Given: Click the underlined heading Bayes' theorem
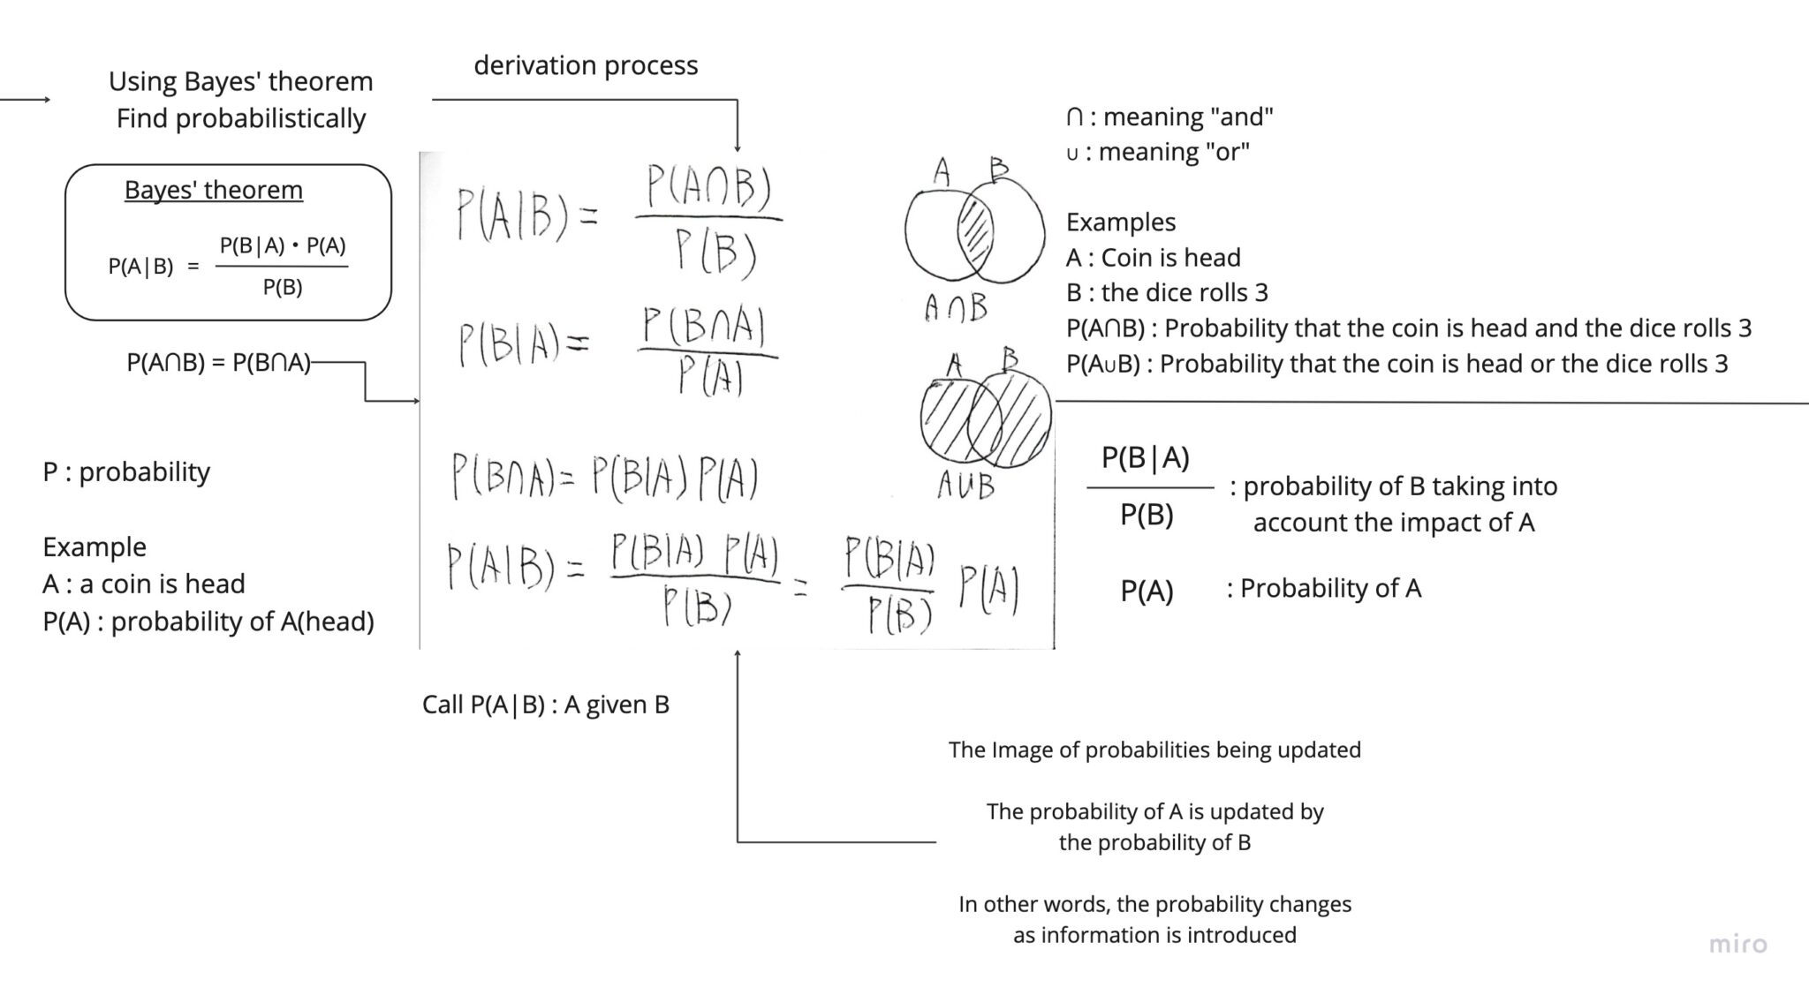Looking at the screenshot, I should pos(214,190).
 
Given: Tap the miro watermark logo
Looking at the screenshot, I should pos(1737,944).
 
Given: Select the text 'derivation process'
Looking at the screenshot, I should pos(586,65).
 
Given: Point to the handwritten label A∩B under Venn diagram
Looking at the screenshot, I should pos(956,308).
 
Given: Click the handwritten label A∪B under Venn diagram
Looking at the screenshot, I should pos(965,485).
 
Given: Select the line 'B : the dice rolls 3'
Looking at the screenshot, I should pos(1167,292).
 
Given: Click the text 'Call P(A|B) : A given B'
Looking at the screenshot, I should pos(546,705).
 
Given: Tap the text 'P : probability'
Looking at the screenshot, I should pos(126,471).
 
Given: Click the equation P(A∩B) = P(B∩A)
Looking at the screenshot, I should pos(219,362).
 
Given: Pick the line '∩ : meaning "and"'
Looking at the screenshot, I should pos(1169,117).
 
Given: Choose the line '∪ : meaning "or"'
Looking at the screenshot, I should pos(1157,152).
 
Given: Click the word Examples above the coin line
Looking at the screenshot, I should pos(1120,222).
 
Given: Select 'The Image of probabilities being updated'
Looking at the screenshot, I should pos(1154,750).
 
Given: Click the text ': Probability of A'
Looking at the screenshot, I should pos(1324,588).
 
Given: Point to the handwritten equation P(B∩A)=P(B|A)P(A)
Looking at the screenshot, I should pos(605,478).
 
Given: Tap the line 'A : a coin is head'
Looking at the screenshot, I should pos(144,584).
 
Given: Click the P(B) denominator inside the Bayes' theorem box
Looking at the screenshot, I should pos(283,287).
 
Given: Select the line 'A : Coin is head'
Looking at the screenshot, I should pos(1153,257).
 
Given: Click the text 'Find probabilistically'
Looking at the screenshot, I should pos(241,118).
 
